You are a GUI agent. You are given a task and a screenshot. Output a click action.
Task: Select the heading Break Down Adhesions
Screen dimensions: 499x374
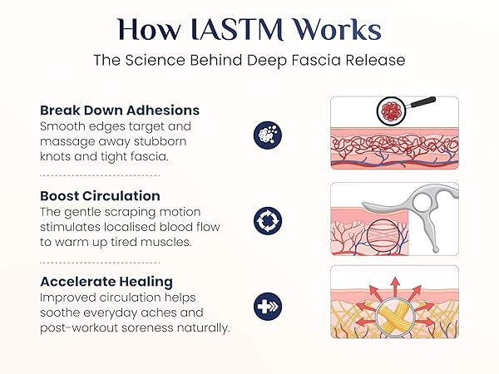[x=120, y=111]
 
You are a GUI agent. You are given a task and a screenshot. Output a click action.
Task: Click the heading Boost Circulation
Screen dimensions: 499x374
[x=100, y=196]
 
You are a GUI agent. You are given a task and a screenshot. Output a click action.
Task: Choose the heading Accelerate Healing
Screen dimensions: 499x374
[x=106, y=282]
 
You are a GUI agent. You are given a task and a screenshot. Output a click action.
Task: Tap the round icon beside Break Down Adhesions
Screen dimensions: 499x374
[x=268, y=135]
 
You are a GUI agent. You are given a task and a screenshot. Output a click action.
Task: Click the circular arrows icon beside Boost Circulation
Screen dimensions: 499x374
[x=268, y=221]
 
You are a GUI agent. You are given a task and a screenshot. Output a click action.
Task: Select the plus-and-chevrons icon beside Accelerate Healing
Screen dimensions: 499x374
[x=268, y=306]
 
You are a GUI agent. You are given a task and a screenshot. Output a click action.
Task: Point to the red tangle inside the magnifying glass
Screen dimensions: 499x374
[x=392, y=111]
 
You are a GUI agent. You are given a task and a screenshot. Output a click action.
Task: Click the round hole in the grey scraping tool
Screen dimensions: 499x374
[x=422, y=202]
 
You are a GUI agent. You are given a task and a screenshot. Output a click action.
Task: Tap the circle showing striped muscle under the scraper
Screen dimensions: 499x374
[x=383, y=237]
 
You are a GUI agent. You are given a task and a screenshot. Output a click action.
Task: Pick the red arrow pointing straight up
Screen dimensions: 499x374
[x=395, y=288]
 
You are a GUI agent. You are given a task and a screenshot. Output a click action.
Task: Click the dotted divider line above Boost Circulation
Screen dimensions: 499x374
[x=100, y=175]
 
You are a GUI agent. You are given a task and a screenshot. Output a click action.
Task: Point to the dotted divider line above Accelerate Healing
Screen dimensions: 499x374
[x=100, y=263]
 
